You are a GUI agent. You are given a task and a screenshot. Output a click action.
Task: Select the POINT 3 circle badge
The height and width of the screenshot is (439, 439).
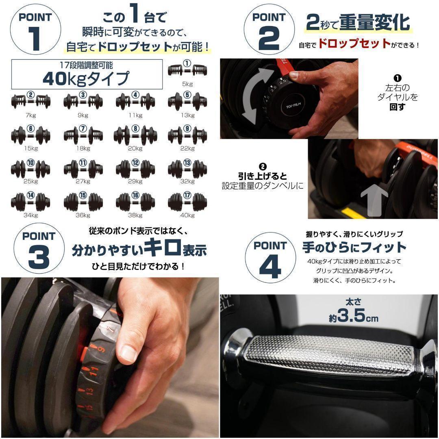pos(39,250)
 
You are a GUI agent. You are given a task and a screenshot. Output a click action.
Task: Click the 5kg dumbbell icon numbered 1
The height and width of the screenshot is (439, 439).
pos(187,70)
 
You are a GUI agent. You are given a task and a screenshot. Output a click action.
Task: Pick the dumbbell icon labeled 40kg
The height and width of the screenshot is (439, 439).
pos(187,201)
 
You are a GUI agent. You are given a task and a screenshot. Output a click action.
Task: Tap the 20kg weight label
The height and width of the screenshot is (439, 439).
pos(135,148)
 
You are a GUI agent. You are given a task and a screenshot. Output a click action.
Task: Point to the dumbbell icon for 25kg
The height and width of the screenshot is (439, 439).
pos(30,168)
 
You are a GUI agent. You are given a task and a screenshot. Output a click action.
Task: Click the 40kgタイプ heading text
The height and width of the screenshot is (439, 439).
pos(86,78)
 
